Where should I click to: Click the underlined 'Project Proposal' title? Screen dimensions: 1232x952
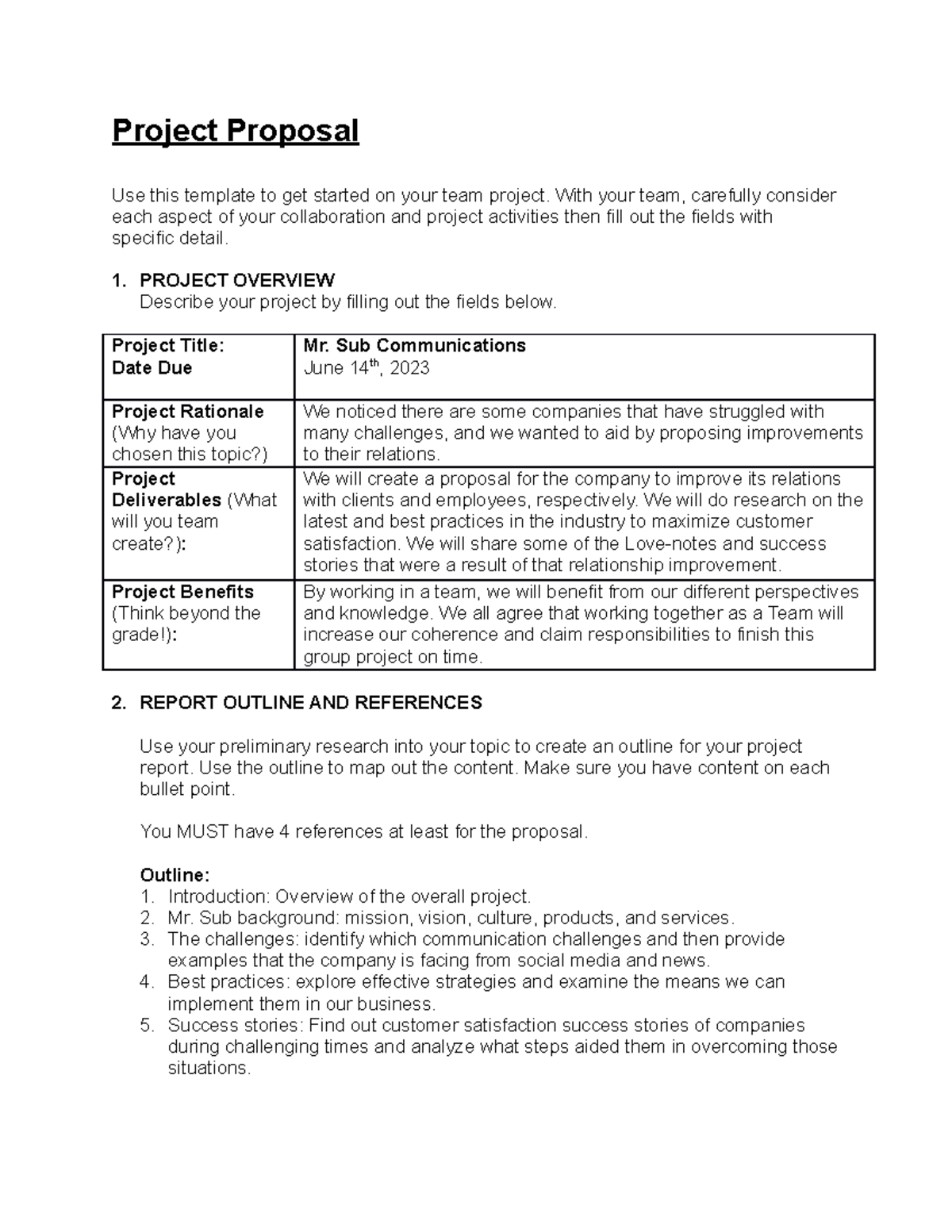click(x=235, y=131)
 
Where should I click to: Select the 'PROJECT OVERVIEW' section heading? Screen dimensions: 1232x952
click(x=236, y=280)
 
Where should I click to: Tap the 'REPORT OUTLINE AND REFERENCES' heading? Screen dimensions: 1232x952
click(x=310, y=703)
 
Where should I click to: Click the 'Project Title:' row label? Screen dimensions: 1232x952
click(x=167, y=346)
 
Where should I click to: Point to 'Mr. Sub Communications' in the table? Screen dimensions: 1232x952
click(x=414, y=346)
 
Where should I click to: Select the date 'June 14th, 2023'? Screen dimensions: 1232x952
click(x=366, y=368)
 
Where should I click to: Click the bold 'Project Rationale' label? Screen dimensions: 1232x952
click(x=187, y=412)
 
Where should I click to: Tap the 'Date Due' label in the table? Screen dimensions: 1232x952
click(x=152, y=368)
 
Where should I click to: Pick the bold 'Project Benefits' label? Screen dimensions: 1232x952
click(x=182, y=592)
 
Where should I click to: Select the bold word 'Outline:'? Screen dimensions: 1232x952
click(x=175, y=875)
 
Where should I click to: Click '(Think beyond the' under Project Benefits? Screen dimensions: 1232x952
click(x=186, y=613)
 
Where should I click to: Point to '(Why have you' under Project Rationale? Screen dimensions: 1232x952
click(x=174, y=433)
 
